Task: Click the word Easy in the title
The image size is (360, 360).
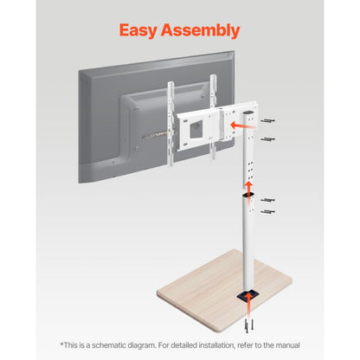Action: click(143, 31)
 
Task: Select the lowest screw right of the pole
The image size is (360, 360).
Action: click(268, 211)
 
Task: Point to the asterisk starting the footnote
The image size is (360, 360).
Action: click(61, 344)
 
